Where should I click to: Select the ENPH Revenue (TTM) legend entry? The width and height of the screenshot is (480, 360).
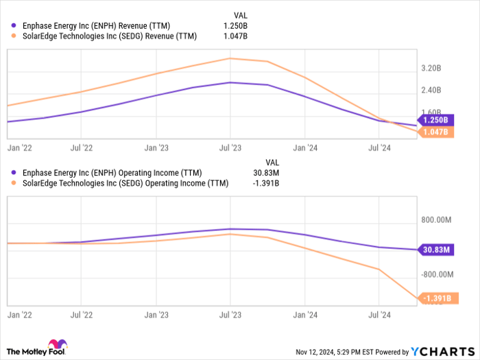point(96,26)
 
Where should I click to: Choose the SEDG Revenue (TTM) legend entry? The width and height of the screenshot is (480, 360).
point(110,36)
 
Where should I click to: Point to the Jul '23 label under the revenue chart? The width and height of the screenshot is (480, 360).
point(230,147)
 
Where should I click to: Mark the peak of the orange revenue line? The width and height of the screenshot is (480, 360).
point(231,58)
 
